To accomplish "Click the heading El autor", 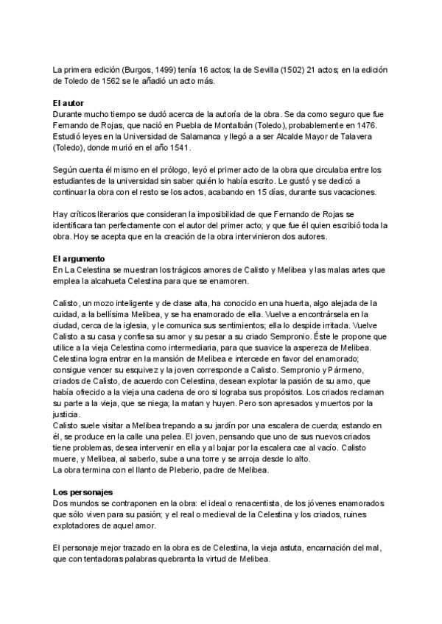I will (x=71, y=103).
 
